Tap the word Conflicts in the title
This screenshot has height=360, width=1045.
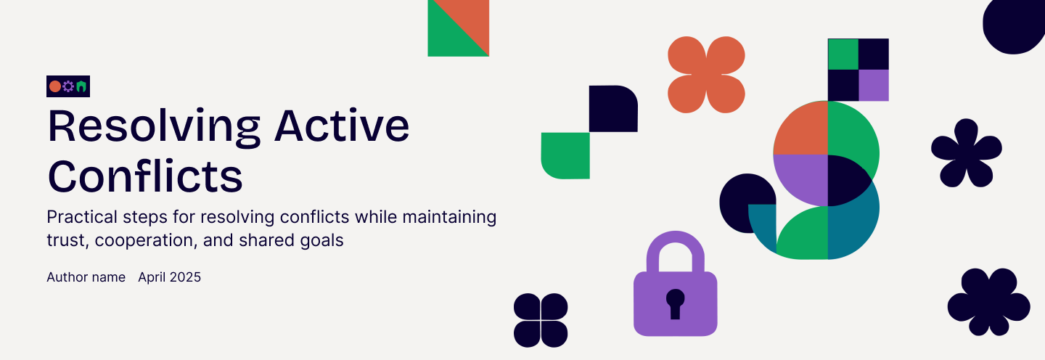(145, 176)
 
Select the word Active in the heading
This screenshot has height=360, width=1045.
(342, 126)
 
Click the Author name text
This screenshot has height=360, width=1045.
(86, 277)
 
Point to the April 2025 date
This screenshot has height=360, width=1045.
(169, 277)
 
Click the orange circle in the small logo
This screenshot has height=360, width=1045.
(55, 86)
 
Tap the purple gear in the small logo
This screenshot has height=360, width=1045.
(68, 86)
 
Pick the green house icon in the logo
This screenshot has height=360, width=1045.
(81, 86)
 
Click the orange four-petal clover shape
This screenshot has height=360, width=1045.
(706, 75)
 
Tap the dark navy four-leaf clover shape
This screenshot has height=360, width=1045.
(541, 320)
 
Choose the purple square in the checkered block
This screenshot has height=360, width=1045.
(873, 86)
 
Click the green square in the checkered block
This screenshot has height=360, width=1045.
(843, 54)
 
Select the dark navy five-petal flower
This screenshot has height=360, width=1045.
(967, 153)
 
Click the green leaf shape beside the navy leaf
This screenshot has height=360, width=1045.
(565, 156)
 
